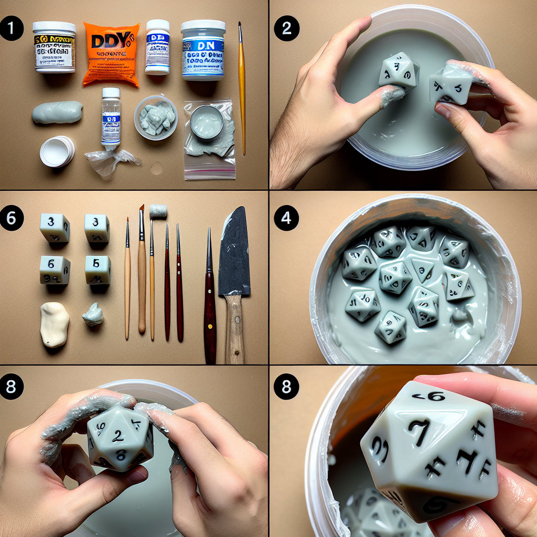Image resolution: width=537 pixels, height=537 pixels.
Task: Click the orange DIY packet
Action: coord(111,53)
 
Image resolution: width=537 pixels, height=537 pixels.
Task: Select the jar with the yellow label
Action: coord(54,47)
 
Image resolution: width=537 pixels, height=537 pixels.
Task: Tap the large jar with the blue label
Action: coord(203,51)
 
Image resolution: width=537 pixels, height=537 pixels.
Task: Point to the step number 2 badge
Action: coord(286,28)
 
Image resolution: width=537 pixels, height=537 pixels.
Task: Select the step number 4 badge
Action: coord(286,218)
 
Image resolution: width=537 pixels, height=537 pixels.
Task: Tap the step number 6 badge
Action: coord(12,218)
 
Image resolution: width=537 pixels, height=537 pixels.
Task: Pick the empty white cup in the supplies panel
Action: coord(57,151)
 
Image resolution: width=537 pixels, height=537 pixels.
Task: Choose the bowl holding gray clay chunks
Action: coord(156,117)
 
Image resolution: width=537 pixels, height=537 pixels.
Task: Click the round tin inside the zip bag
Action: coord(207,123)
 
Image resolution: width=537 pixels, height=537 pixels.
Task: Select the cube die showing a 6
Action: coord(55,270)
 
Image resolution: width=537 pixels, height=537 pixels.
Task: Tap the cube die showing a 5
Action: coord(98,270)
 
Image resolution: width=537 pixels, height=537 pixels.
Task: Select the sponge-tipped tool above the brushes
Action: coord(158,211)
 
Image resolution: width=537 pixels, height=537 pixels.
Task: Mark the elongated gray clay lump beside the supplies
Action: coord(57,112)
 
